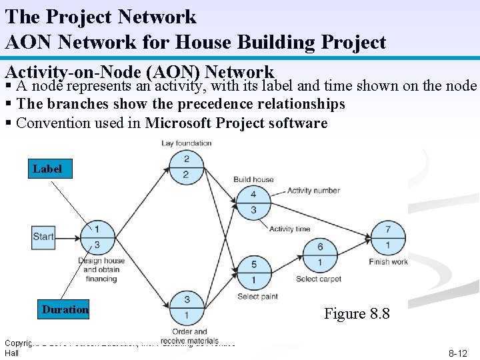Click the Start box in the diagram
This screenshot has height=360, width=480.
43,237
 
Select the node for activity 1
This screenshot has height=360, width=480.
97,237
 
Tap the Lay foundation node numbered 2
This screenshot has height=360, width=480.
186,167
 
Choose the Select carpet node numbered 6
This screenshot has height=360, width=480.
320,254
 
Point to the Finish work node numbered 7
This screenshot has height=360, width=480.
388,237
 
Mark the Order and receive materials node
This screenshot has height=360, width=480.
187,307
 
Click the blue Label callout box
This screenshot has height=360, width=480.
47,169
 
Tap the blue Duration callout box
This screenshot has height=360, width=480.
65,309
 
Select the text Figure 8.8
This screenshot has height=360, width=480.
357,313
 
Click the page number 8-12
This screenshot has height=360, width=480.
457,353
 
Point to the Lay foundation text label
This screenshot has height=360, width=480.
187,143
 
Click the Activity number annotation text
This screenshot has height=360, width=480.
313,191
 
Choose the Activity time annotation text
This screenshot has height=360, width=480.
289,229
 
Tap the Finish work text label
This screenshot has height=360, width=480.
388,262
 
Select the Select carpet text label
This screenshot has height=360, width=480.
319,279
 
